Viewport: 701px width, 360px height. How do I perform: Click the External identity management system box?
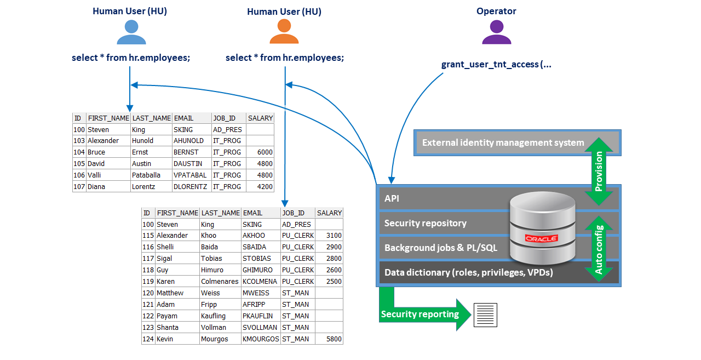pos(503,143)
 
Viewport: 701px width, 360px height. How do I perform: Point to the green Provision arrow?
pos(599,170)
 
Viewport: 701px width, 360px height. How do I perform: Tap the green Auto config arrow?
pos(599,249)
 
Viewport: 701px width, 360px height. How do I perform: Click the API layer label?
pos(392,198)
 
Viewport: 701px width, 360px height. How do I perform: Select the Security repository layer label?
pos(426,223)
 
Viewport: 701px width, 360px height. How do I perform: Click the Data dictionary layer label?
pos(469,272)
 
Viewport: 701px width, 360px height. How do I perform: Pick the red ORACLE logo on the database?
pos(541,238)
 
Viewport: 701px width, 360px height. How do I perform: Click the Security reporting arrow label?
pos(420,314)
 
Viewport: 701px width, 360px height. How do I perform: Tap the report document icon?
pos(485,315)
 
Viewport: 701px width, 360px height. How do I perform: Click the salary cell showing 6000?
pos(260,152)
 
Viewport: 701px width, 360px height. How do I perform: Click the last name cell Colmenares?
pos(220,282)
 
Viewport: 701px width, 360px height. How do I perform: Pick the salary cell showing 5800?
pos(329,339)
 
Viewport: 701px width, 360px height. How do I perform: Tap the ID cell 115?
pos(148,236)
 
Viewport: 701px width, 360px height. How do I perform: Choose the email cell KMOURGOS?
pos(260,339)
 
